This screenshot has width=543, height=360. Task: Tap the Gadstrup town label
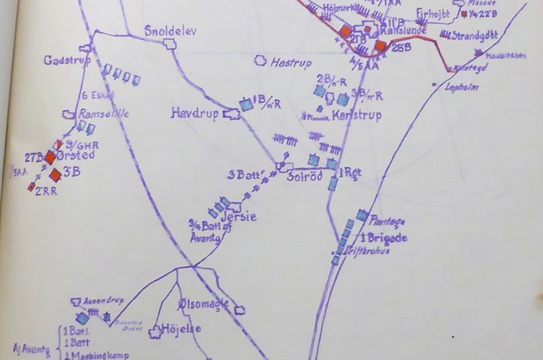62,60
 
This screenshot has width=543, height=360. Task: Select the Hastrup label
290,62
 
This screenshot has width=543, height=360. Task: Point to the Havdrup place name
195,114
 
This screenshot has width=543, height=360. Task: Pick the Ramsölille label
104,114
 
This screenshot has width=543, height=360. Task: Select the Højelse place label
181,329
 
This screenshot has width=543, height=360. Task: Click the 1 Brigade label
383,238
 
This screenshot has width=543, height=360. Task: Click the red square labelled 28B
381,46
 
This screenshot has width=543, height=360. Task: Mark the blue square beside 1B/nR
246,105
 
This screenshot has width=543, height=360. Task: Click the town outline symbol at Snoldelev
170,43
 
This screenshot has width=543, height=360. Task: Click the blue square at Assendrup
82,318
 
